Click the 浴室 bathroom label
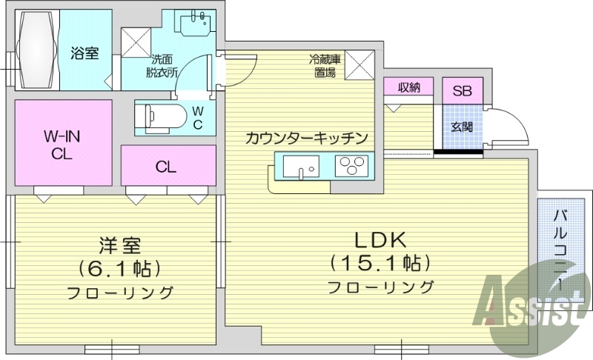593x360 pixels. point(85,53)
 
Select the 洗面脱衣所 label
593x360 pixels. point(163,65)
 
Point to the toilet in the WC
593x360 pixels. point(159,116)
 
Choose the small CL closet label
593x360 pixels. point(166,167)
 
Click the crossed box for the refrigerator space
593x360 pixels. point(360,64)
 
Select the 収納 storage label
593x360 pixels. point(408,87)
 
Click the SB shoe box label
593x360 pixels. point(462,92)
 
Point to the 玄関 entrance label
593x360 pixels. point(462,126)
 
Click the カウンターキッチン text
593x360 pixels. point(306,138)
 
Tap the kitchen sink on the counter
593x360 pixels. point(299,167)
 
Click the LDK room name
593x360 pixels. point(380,240)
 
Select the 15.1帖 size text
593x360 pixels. point(380,263)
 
